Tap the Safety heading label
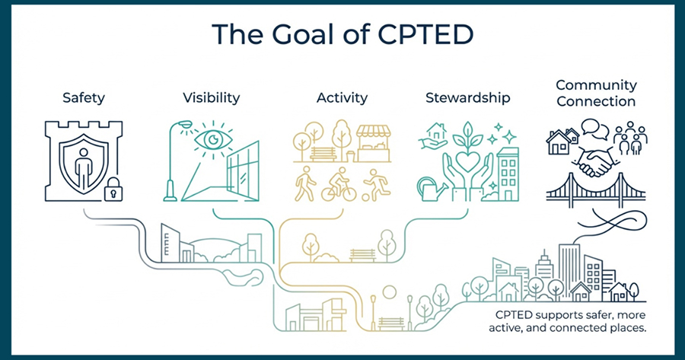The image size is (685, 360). (84, 97)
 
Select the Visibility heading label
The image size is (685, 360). (212, 97)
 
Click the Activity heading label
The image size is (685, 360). (342, 97)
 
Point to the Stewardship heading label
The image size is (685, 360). (468, 97)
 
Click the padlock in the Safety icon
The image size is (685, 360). (113, 190)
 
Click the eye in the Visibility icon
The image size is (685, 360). (213, 139)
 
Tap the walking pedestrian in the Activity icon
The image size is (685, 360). (305, 183)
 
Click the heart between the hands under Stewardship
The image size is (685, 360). (467, 161)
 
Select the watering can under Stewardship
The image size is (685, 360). (432, 189)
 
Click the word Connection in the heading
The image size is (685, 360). (596, 101)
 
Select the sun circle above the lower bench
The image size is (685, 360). (389, 292)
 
